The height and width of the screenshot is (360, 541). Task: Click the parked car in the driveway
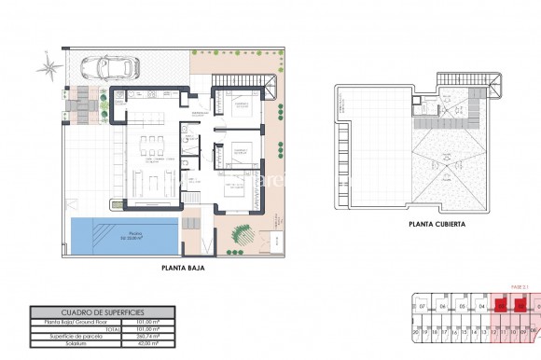110,67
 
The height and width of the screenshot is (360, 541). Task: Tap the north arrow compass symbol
45,66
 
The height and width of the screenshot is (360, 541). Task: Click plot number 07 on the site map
422,306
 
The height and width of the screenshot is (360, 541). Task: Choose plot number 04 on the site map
482,306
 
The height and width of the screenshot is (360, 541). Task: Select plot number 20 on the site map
415,331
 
